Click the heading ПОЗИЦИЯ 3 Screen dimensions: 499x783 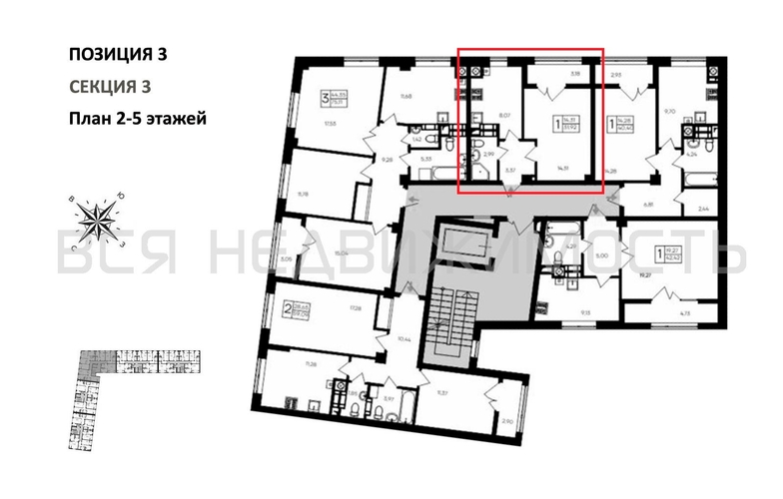[117, 54]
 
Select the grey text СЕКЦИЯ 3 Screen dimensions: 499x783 [110, 87]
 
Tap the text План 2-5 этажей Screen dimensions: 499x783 [137, 119]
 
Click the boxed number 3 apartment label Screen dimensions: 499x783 [325, 98]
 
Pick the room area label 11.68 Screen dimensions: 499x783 [405, 96]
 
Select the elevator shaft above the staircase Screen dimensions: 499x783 [465, 246]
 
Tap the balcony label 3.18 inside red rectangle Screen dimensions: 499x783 [574, 73]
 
